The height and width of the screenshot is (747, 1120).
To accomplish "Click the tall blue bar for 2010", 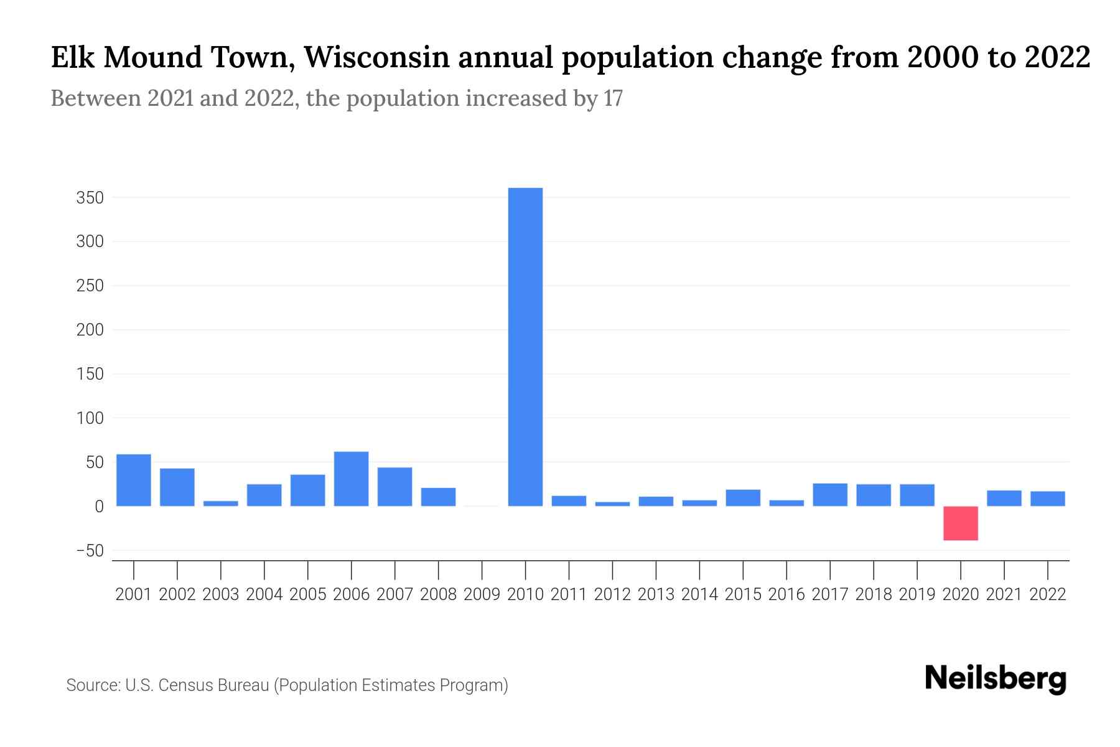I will [525, 346].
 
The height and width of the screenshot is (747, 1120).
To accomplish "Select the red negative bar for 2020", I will [961, 523].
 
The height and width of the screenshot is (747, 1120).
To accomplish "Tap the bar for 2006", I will [351, 479].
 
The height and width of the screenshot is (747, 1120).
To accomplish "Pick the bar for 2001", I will [134, 480].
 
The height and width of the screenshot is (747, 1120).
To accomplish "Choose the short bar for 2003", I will [221, 503].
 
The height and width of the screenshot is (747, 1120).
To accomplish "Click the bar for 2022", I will [1048, 499].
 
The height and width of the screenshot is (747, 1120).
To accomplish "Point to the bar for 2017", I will [830, 495].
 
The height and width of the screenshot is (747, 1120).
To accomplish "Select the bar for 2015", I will [743, 498].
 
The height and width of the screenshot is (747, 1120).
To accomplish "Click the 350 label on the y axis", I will [90, 199].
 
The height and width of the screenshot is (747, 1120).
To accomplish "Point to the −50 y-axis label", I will [90, 552].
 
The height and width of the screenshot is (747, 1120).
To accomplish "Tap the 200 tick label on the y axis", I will [90, 331].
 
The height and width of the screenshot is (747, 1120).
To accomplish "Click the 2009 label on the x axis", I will [482, 594].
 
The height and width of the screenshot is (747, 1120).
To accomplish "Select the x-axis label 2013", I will [656, 594].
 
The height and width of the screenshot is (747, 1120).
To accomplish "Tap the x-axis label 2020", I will [961, 594].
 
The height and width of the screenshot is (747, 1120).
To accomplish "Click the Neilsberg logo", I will [996, 679].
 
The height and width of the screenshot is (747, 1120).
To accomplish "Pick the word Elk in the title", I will [73, 58].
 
